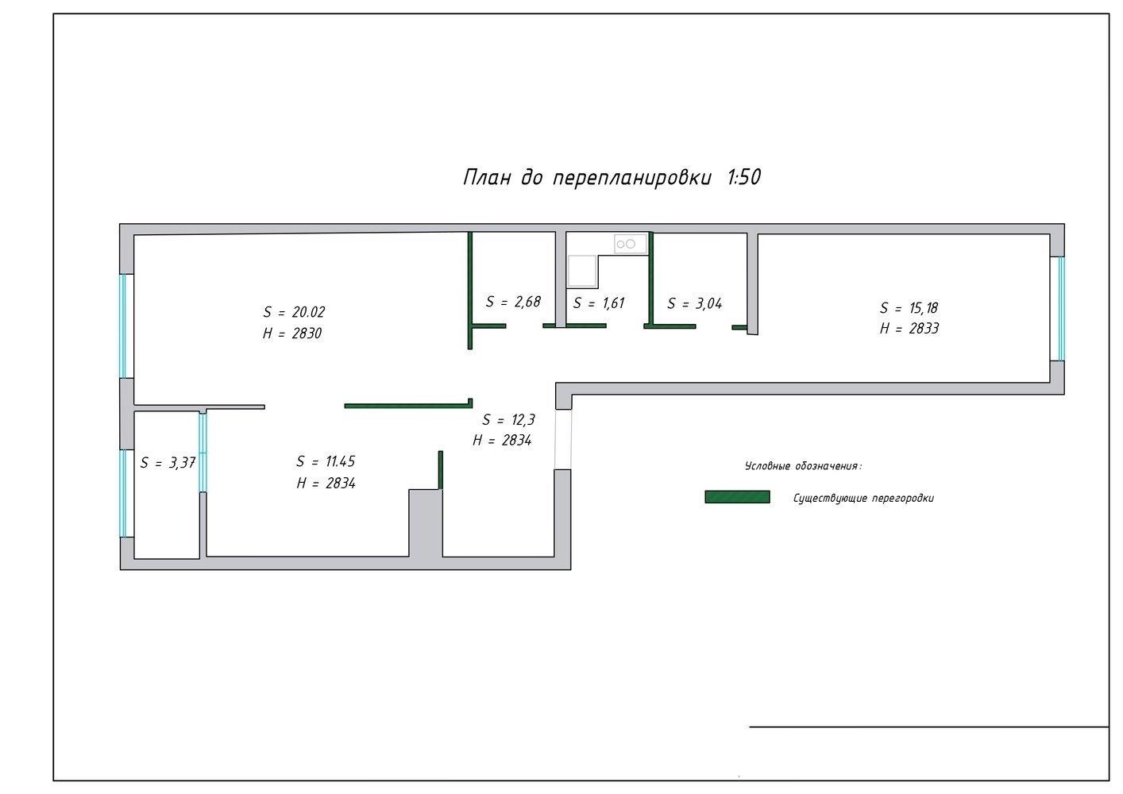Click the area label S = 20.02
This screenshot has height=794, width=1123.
pos(294,312)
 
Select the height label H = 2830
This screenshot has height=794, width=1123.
pos(292,333)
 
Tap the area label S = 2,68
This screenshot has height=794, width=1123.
pos(513,301)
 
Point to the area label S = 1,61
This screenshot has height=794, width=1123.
pos(599,303)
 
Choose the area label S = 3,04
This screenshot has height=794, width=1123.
pos(695,303)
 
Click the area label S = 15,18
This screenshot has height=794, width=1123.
pos(909,308)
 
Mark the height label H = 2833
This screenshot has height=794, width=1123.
pos(909,329)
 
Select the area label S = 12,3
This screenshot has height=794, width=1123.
pos(509,419)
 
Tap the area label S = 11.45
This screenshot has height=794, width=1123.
pos(326,461)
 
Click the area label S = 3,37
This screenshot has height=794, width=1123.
pos(168,463)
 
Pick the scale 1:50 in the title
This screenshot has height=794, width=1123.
pos(744,177)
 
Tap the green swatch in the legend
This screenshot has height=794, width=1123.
pos(738,497)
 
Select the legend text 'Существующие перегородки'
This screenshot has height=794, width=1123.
pos(863,499)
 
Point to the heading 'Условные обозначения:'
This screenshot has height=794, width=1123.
pos(803,466)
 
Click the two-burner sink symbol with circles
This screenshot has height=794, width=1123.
pos(631,244)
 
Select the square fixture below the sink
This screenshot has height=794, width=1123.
pos(582,272)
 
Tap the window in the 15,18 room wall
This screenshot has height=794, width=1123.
pos(1061,309)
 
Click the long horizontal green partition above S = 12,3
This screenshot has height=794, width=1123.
pos(408,405)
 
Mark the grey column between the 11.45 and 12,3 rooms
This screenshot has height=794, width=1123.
pos(425,522)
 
